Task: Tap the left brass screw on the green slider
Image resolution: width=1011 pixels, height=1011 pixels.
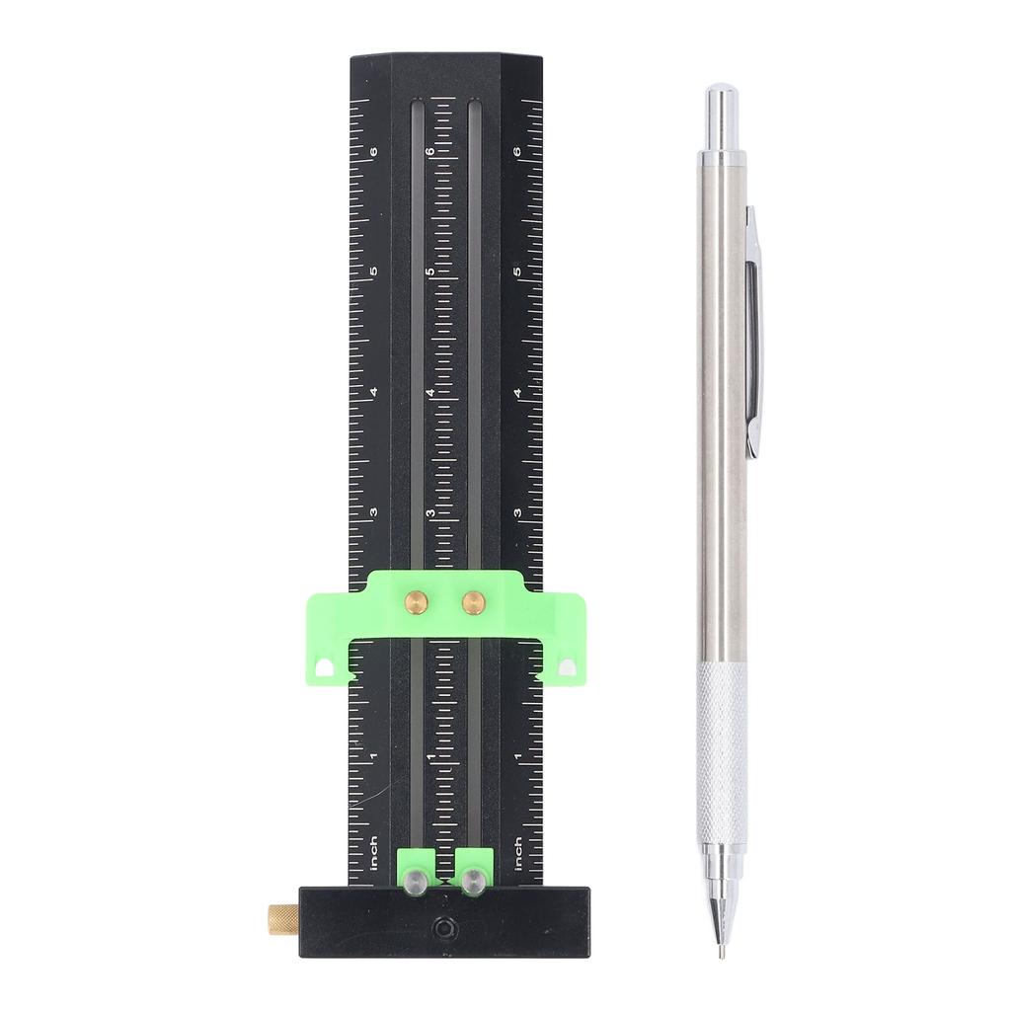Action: pyautogui.click(x=417, y=599)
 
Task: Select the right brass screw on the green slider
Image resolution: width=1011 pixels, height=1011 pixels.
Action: pyautogui.click(x=475, y=599)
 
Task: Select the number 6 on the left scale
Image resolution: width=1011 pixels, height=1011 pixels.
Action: pyautogui.click(x=373, y=151)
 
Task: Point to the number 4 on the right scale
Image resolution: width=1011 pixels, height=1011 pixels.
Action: pyautogui.click(x=518, y=393)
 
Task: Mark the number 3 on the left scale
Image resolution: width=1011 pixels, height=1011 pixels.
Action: pyautogui.click(x=373, y=513)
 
